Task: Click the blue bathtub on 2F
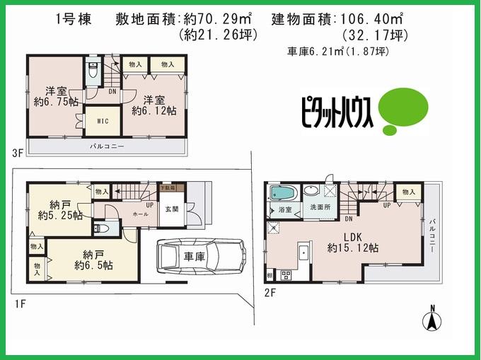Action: (x=283, y=194)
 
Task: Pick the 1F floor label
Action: (x=21, y=303)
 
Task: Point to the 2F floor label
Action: (x=270, y=290)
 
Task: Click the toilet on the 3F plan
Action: (x=93, y=71)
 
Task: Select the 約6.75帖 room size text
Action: (x=51, y=102)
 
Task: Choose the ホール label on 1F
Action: (x=139, y=212)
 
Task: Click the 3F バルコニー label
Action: (x=108, y=146)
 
